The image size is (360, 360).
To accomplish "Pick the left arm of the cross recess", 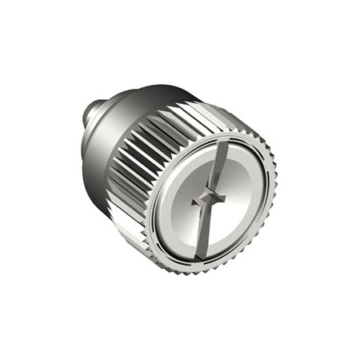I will pyautogui.click(x=198, y=200).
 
